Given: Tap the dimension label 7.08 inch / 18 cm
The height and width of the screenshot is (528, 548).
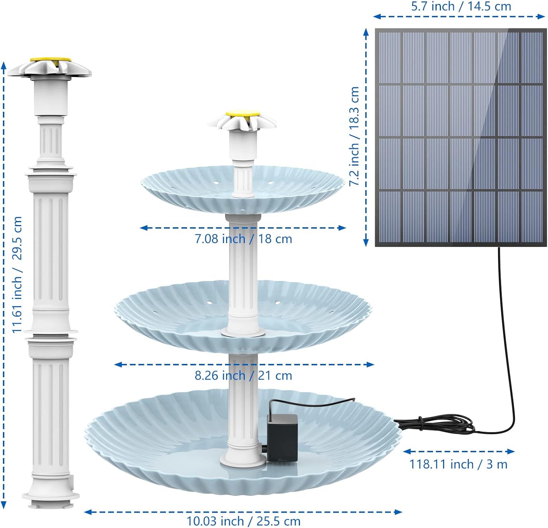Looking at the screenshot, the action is point(243,239).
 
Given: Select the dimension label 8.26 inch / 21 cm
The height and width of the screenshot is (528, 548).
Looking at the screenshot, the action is point(243,376).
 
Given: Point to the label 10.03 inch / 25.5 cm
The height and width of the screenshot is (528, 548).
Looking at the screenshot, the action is point(243,521).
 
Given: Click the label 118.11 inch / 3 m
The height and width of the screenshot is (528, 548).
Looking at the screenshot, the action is point(458,464).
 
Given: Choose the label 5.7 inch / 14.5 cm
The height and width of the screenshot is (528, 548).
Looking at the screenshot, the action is point(461,7).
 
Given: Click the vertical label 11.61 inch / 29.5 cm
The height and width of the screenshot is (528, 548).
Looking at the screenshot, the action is point(17,274).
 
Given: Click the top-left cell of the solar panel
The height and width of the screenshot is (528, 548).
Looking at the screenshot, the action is point(390,58).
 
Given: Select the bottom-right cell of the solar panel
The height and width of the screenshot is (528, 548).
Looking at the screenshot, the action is point(531,216).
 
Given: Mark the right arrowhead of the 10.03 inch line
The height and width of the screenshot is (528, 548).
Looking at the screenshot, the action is point(398,512).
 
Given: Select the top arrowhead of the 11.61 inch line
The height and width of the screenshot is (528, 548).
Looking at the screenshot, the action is point(4,65).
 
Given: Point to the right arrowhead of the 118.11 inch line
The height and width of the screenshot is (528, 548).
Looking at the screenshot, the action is point(511,452).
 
